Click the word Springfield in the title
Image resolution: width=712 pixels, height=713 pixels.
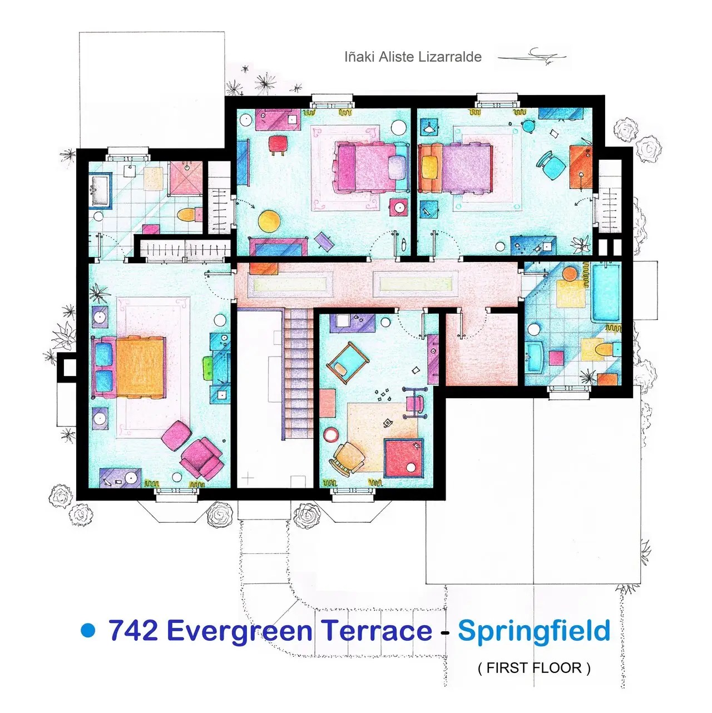click(x=534, y=631)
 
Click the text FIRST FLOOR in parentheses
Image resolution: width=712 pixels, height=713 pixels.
click(x=534, y=668)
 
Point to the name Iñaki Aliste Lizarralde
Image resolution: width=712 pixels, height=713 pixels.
click(x=413, y=57)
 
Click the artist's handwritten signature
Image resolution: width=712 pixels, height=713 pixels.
click(x=532, y=57)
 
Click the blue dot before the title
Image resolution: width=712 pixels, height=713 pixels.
click(x=88, y=630)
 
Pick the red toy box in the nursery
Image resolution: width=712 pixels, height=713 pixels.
click(x=403, y=458)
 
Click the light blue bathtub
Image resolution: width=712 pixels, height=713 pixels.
click(x=606, y=293)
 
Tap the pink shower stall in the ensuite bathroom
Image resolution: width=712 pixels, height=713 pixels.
click(x=186, y=179)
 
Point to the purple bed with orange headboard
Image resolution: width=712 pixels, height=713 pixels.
click(x=456, y=169)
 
